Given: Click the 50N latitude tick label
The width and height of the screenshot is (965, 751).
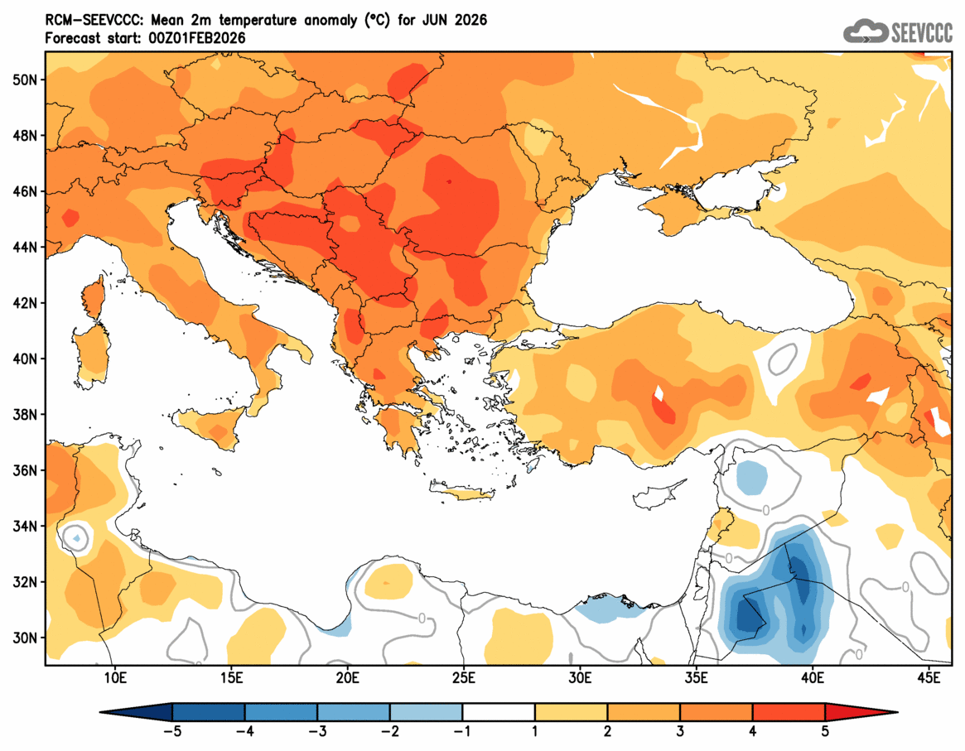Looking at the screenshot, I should click(x=26, y=79).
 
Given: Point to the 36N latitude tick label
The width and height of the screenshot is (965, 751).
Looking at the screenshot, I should click(x=26, y=470).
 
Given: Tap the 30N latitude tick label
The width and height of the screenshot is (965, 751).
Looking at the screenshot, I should click(x=26, y=638).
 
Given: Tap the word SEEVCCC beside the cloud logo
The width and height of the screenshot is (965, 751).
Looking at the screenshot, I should click(x=921, y=32).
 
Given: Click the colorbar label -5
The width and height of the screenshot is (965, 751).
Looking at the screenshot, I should click(x=172, y=733).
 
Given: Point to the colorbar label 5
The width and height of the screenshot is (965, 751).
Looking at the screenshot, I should click(x=825, y=733).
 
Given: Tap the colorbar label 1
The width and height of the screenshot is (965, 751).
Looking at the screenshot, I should click(x=535, y=733).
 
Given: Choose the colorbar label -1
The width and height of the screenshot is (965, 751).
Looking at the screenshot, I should click(x=462, y=733).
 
